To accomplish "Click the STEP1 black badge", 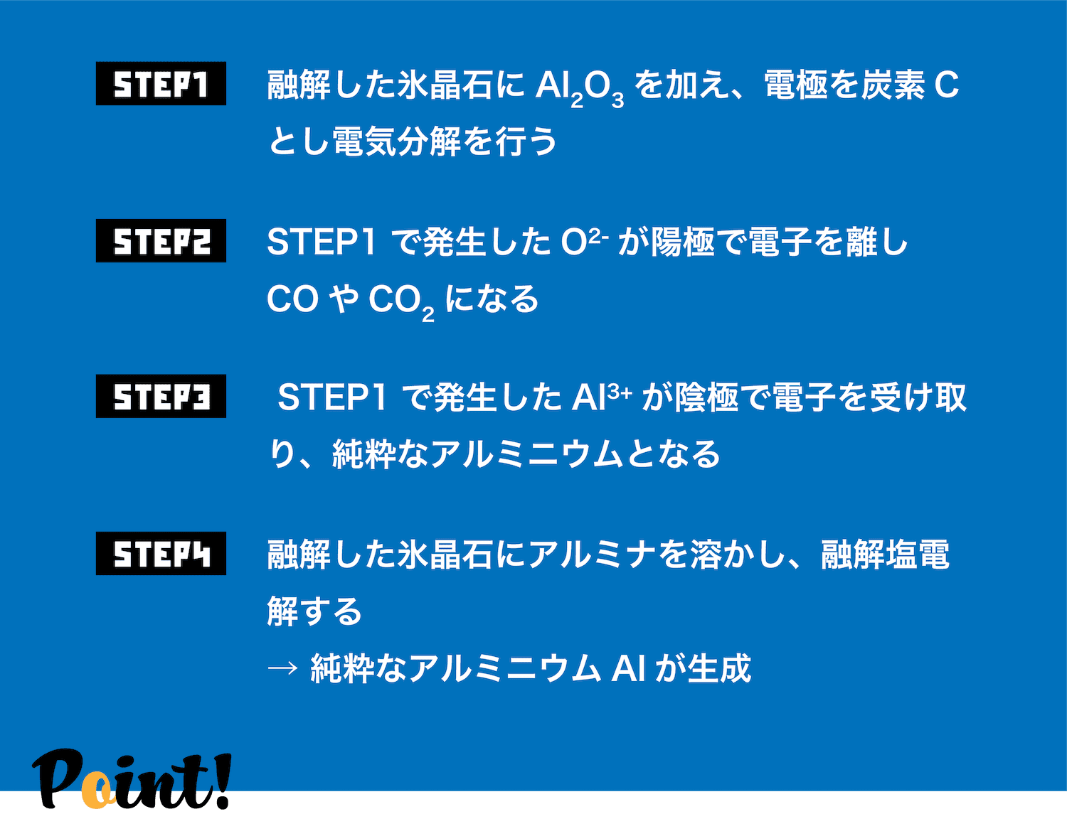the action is tap(161, 84).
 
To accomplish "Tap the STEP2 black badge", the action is tap(161, 240).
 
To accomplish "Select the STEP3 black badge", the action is tap(161, 396).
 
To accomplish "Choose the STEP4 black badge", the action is tap(161, 554).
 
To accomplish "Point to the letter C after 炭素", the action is tap(946, 85).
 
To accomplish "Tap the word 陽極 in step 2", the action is tap(683, 242).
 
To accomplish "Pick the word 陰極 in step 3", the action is tap(706, 397).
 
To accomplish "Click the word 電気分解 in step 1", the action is tap(397, 141).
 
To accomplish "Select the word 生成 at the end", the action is tap(719, 668).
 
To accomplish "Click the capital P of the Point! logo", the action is tap(58, 779).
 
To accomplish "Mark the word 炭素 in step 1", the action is tap(893, 85).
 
